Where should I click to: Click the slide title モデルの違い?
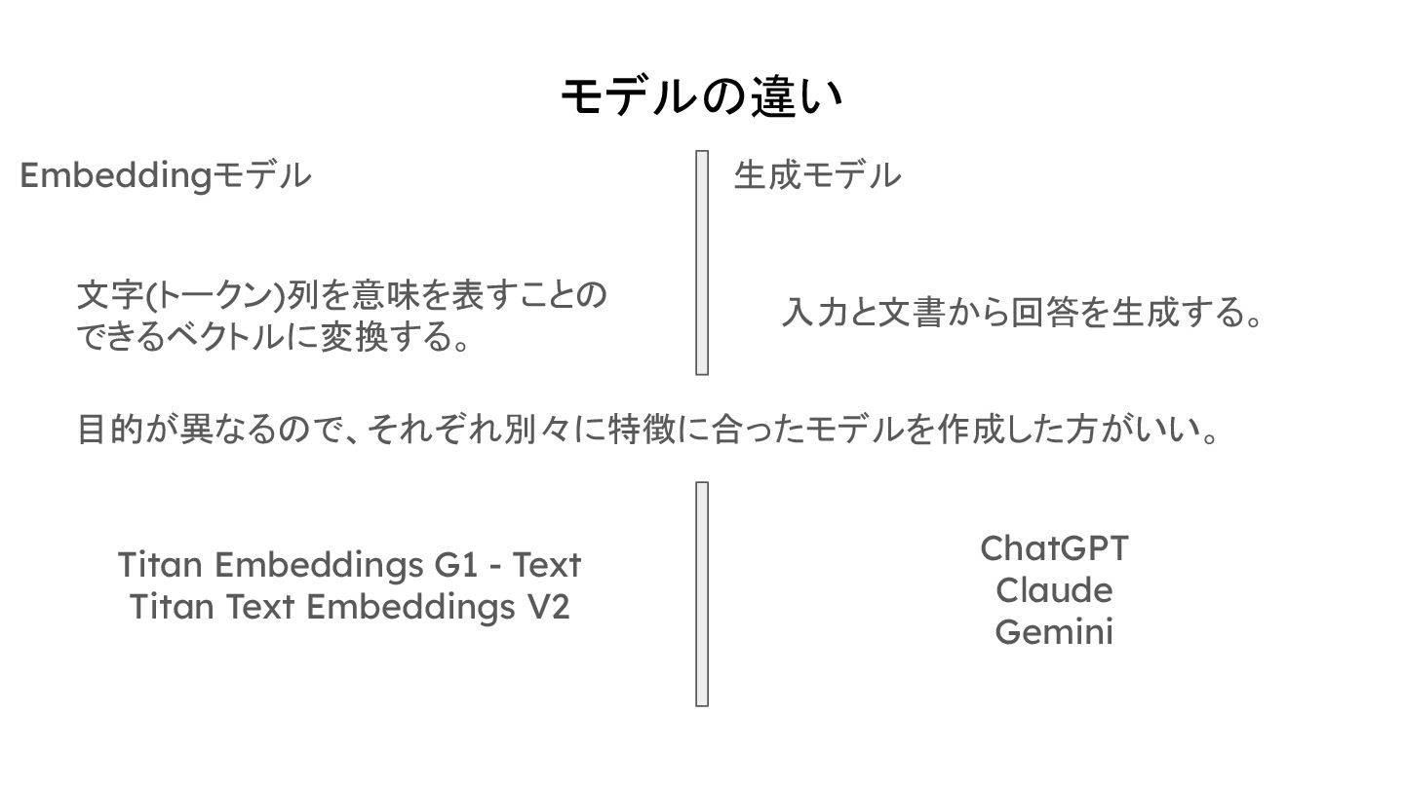(701, 97)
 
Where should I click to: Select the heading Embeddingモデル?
(166, 176)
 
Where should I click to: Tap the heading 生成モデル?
(817, 176)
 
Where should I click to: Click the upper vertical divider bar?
(702, 262)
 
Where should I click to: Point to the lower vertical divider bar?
(702, 593)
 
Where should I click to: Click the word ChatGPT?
(1054, 548)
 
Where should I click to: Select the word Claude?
(1054, 590)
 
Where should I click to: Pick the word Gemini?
(1054, 632)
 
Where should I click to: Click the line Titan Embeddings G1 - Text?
(349, 565)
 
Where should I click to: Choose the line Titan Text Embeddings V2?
(349, 607)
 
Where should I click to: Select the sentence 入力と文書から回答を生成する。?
(1022, 314)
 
